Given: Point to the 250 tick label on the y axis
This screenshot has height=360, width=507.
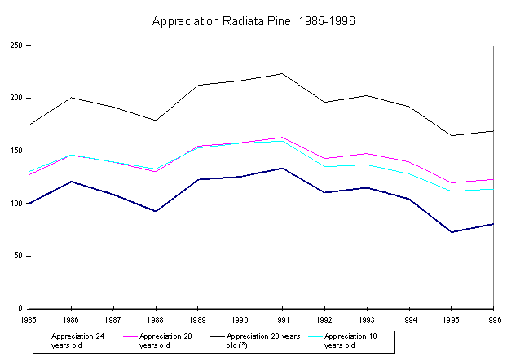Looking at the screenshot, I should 15,46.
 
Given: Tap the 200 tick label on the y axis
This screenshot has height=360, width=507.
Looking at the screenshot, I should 15,99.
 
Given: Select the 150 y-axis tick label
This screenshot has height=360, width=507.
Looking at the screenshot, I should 15,151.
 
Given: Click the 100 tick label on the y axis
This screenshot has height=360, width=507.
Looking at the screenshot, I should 15,204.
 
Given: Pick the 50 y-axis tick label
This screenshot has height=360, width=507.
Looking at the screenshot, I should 18,256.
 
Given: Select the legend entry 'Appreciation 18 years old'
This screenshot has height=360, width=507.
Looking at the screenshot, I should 350,340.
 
